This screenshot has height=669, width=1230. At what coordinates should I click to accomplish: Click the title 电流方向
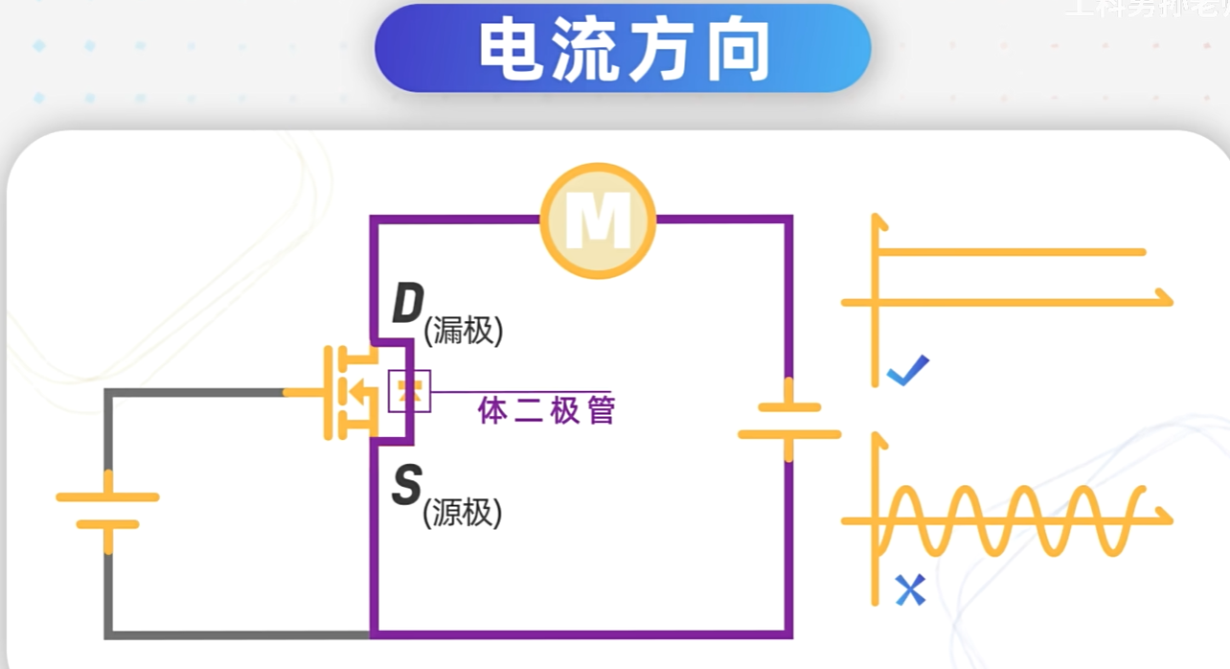tap(623, 50)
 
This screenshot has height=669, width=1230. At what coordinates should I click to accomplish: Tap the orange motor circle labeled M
tap(598, 221)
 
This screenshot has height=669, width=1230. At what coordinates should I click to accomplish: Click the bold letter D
tap(407, 305)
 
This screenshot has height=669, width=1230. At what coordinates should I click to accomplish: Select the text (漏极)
tap(464, 332)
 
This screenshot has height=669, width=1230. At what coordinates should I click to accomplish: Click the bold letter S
tap(406, 486)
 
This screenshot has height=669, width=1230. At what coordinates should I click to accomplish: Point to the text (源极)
tap(463, 514)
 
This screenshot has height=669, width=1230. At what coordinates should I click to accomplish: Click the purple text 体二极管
tap(546, 411)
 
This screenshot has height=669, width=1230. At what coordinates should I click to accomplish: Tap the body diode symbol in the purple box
tap(409, 391)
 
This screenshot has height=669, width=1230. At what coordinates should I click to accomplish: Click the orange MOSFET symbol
tap(350, 393)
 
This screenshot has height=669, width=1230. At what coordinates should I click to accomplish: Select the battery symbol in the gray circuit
tap(107, 511)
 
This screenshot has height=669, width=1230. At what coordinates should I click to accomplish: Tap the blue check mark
tap(907, 370)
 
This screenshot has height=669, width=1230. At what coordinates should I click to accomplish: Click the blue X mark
tap(910, 589)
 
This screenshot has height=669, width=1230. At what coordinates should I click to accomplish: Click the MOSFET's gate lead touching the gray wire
tap(305, 393)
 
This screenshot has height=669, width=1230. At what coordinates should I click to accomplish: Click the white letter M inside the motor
tap(598, 221)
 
